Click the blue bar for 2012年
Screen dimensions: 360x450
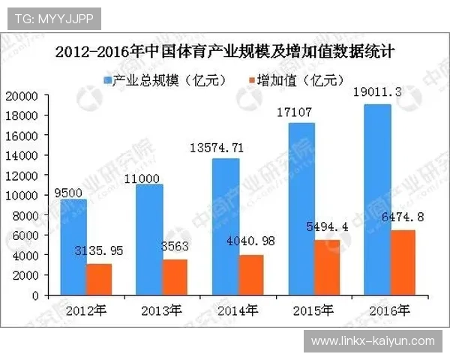point(73,247)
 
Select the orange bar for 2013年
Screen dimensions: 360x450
point(174,277)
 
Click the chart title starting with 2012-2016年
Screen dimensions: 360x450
point(224,53)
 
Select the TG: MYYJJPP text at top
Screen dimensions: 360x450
point(52,19)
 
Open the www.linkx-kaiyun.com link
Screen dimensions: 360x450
point(373,341)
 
